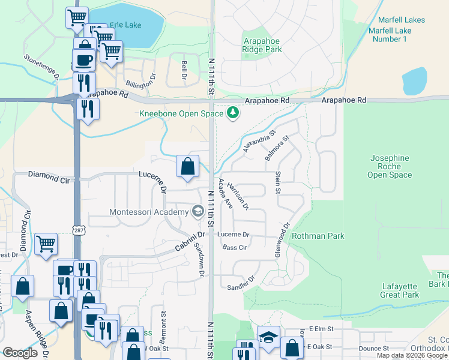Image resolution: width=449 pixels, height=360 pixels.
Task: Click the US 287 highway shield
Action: (x=78, y=230)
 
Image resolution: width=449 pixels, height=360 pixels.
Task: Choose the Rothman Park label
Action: (x=318, y=236)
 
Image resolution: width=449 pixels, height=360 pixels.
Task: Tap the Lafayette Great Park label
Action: (x=400, y=290)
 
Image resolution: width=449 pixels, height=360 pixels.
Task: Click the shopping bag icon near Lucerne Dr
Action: (x=188, y=166)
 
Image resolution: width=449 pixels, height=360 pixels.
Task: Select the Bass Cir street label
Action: (x=235, y=247)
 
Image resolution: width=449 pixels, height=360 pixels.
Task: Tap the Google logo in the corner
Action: (x=20, y=353)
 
